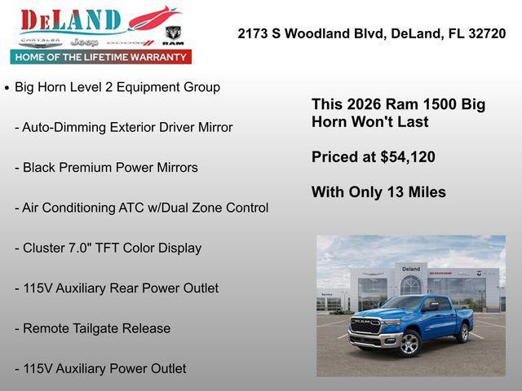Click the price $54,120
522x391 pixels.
click(x=408, y=157)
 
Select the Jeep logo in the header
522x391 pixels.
click(x=84, y=42)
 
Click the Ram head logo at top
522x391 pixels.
click(x=173, y=34)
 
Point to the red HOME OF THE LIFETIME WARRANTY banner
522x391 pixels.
click(x=101, y=57)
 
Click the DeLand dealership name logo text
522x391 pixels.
click(x=72, y=20)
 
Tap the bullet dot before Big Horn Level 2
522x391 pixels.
click(x=7, y=87)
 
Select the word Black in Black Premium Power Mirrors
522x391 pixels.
click(x=40, y=168)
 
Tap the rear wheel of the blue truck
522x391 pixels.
click(x=463, y=333)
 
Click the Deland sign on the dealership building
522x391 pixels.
click(x=410, y=269)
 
